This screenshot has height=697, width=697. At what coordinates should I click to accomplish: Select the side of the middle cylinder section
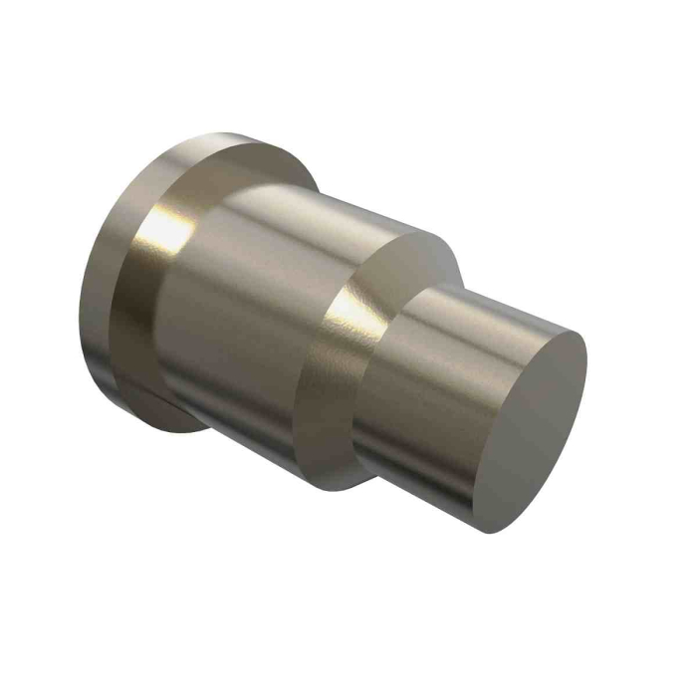(249, 299)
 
